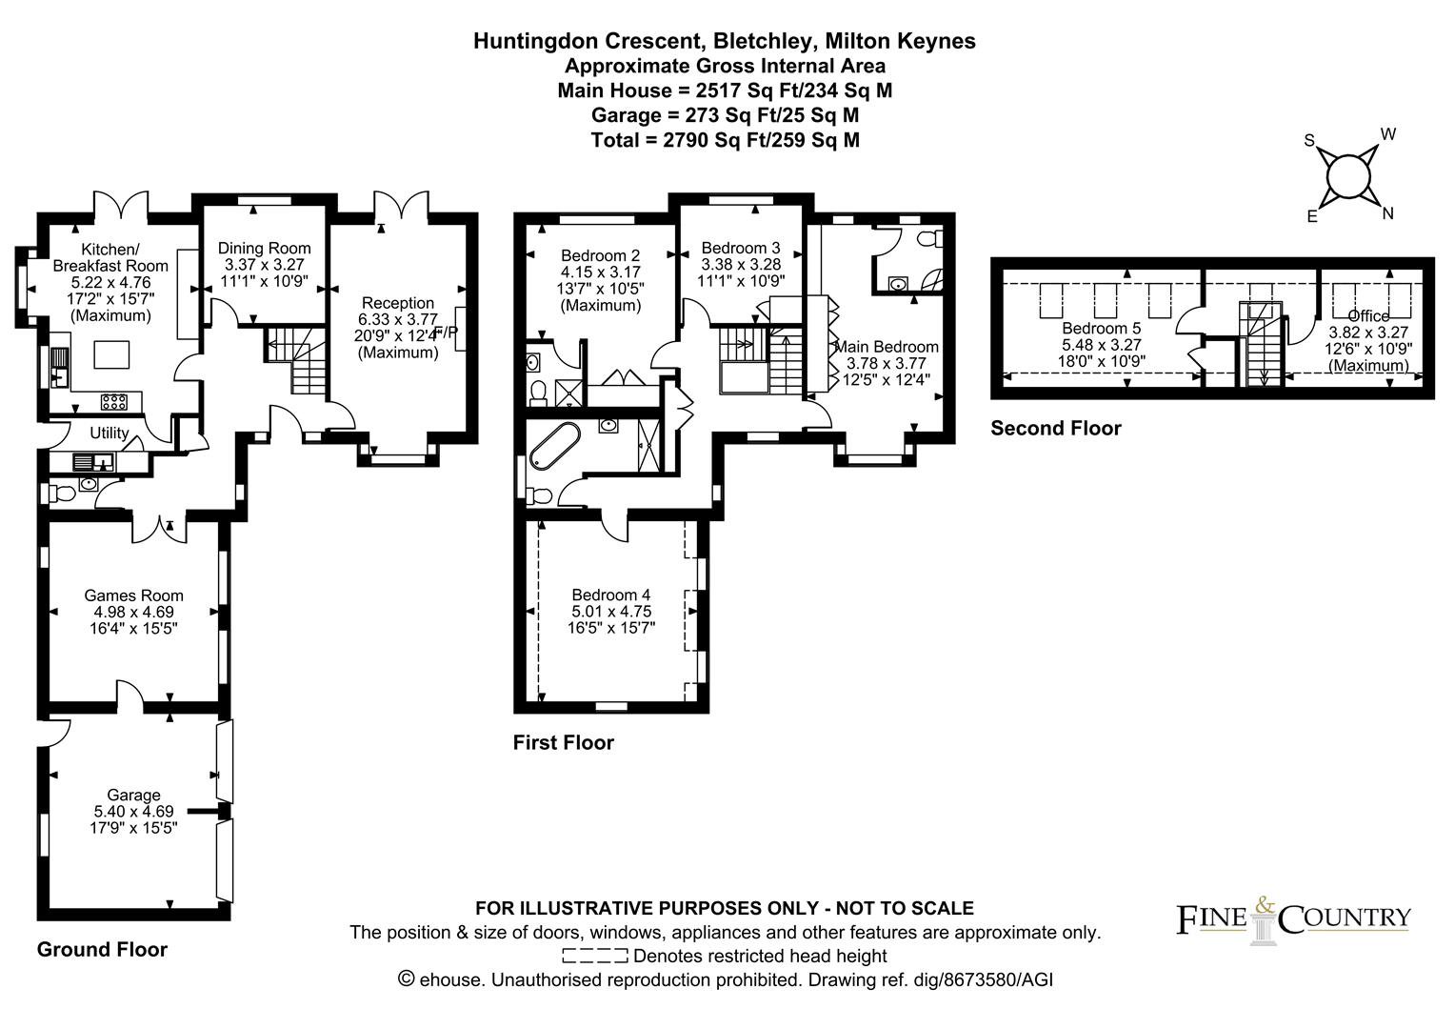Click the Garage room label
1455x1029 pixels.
point(133,795)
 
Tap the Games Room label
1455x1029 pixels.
point(134,595)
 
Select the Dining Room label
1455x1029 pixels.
point(265,249)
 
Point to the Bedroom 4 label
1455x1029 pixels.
point(610,595)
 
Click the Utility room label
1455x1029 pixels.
point(110,433)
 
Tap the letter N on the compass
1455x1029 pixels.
point(1387,213)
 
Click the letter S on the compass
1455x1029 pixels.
point(1309,141)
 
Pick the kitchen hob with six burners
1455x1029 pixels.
point(113,402)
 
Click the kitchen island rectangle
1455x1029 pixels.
point(111,355)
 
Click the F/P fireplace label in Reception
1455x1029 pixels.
point(447,333)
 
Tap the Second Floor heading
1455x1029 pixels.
point(1055,429)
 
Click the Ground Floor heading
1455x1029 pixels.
point(102,950)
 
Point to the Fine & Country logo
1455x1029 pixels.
point(1293,920)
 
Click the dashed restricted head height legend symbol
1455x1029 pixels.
point(595,956)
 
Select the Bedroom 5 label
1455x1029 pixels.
point(1101,329)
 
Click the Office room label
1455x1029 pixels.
point(1368,316)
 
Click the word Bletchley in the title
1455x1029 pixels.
point(764,42)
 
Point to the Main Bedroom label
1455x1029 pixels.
point(887,347)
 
